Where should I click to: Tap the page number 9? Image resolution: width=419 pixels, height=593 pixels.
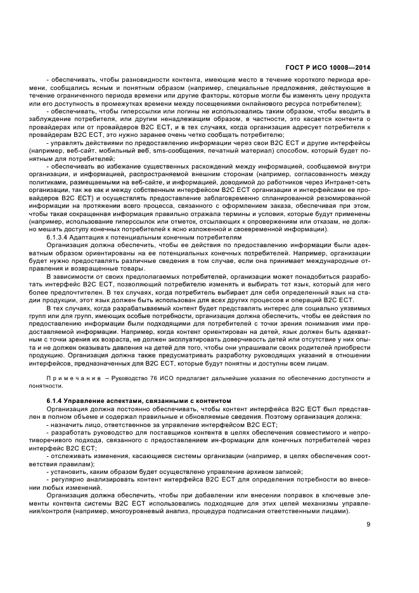pyautogui.click(x=368, y=524)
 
